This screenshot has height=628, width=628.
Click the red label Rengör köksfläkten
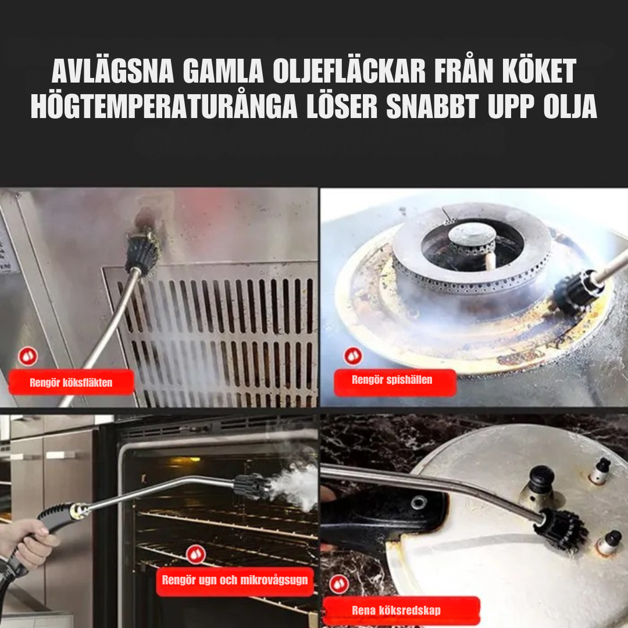point(71,383)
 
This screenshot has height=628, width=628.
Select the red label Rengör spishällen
point(392,381)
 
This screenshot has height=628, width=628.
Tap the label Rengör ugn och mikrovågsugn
point(235,580)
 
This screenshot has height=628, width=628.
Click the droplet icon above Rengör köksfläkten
point(27,356)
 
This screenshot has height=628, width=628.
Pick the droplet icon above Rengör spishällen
point(352,355)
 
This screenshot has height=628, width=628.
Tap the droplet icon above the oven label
point(196,554)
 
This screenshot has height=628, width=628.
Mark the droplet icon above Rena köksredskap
point(339,584)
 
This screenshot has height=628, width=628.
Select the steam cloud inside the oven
point(294,487)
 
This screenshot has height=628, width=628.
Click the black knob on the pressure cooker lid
point(540,480)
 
